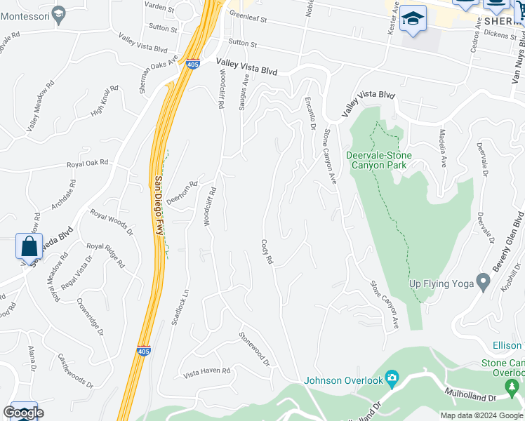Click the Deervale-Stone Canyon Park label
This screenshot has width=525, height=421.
pyautogui.click(x=379, y=159)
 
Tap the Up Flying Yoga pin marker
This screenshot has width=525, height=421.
pyautogui.click(x=482, y=282)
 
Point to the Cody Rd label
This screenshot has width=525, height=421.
pyautogui.click(x=267, y=253)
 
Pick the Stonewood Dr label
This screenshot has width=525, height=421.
pyautogui.click(x=254, y=349)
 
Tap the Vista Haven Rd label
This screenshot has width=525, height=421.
pyautogui.click(x=206, y=371)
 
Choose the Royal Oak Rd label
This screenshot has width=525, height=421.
pyautogui.click(x=88, y=163)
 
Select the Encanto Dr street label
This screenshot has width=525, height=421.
pyautogui.click(x=310, y=113)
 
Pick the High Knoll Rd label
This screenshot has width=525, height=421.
pyautogui.click(x=106, y=100)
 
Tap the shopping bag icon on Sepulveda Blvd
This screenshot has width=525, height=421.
pyautogui.click(x=29, y=247)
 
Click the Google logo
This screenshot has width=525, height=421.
pyautogui.click(x=23, y=413)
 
